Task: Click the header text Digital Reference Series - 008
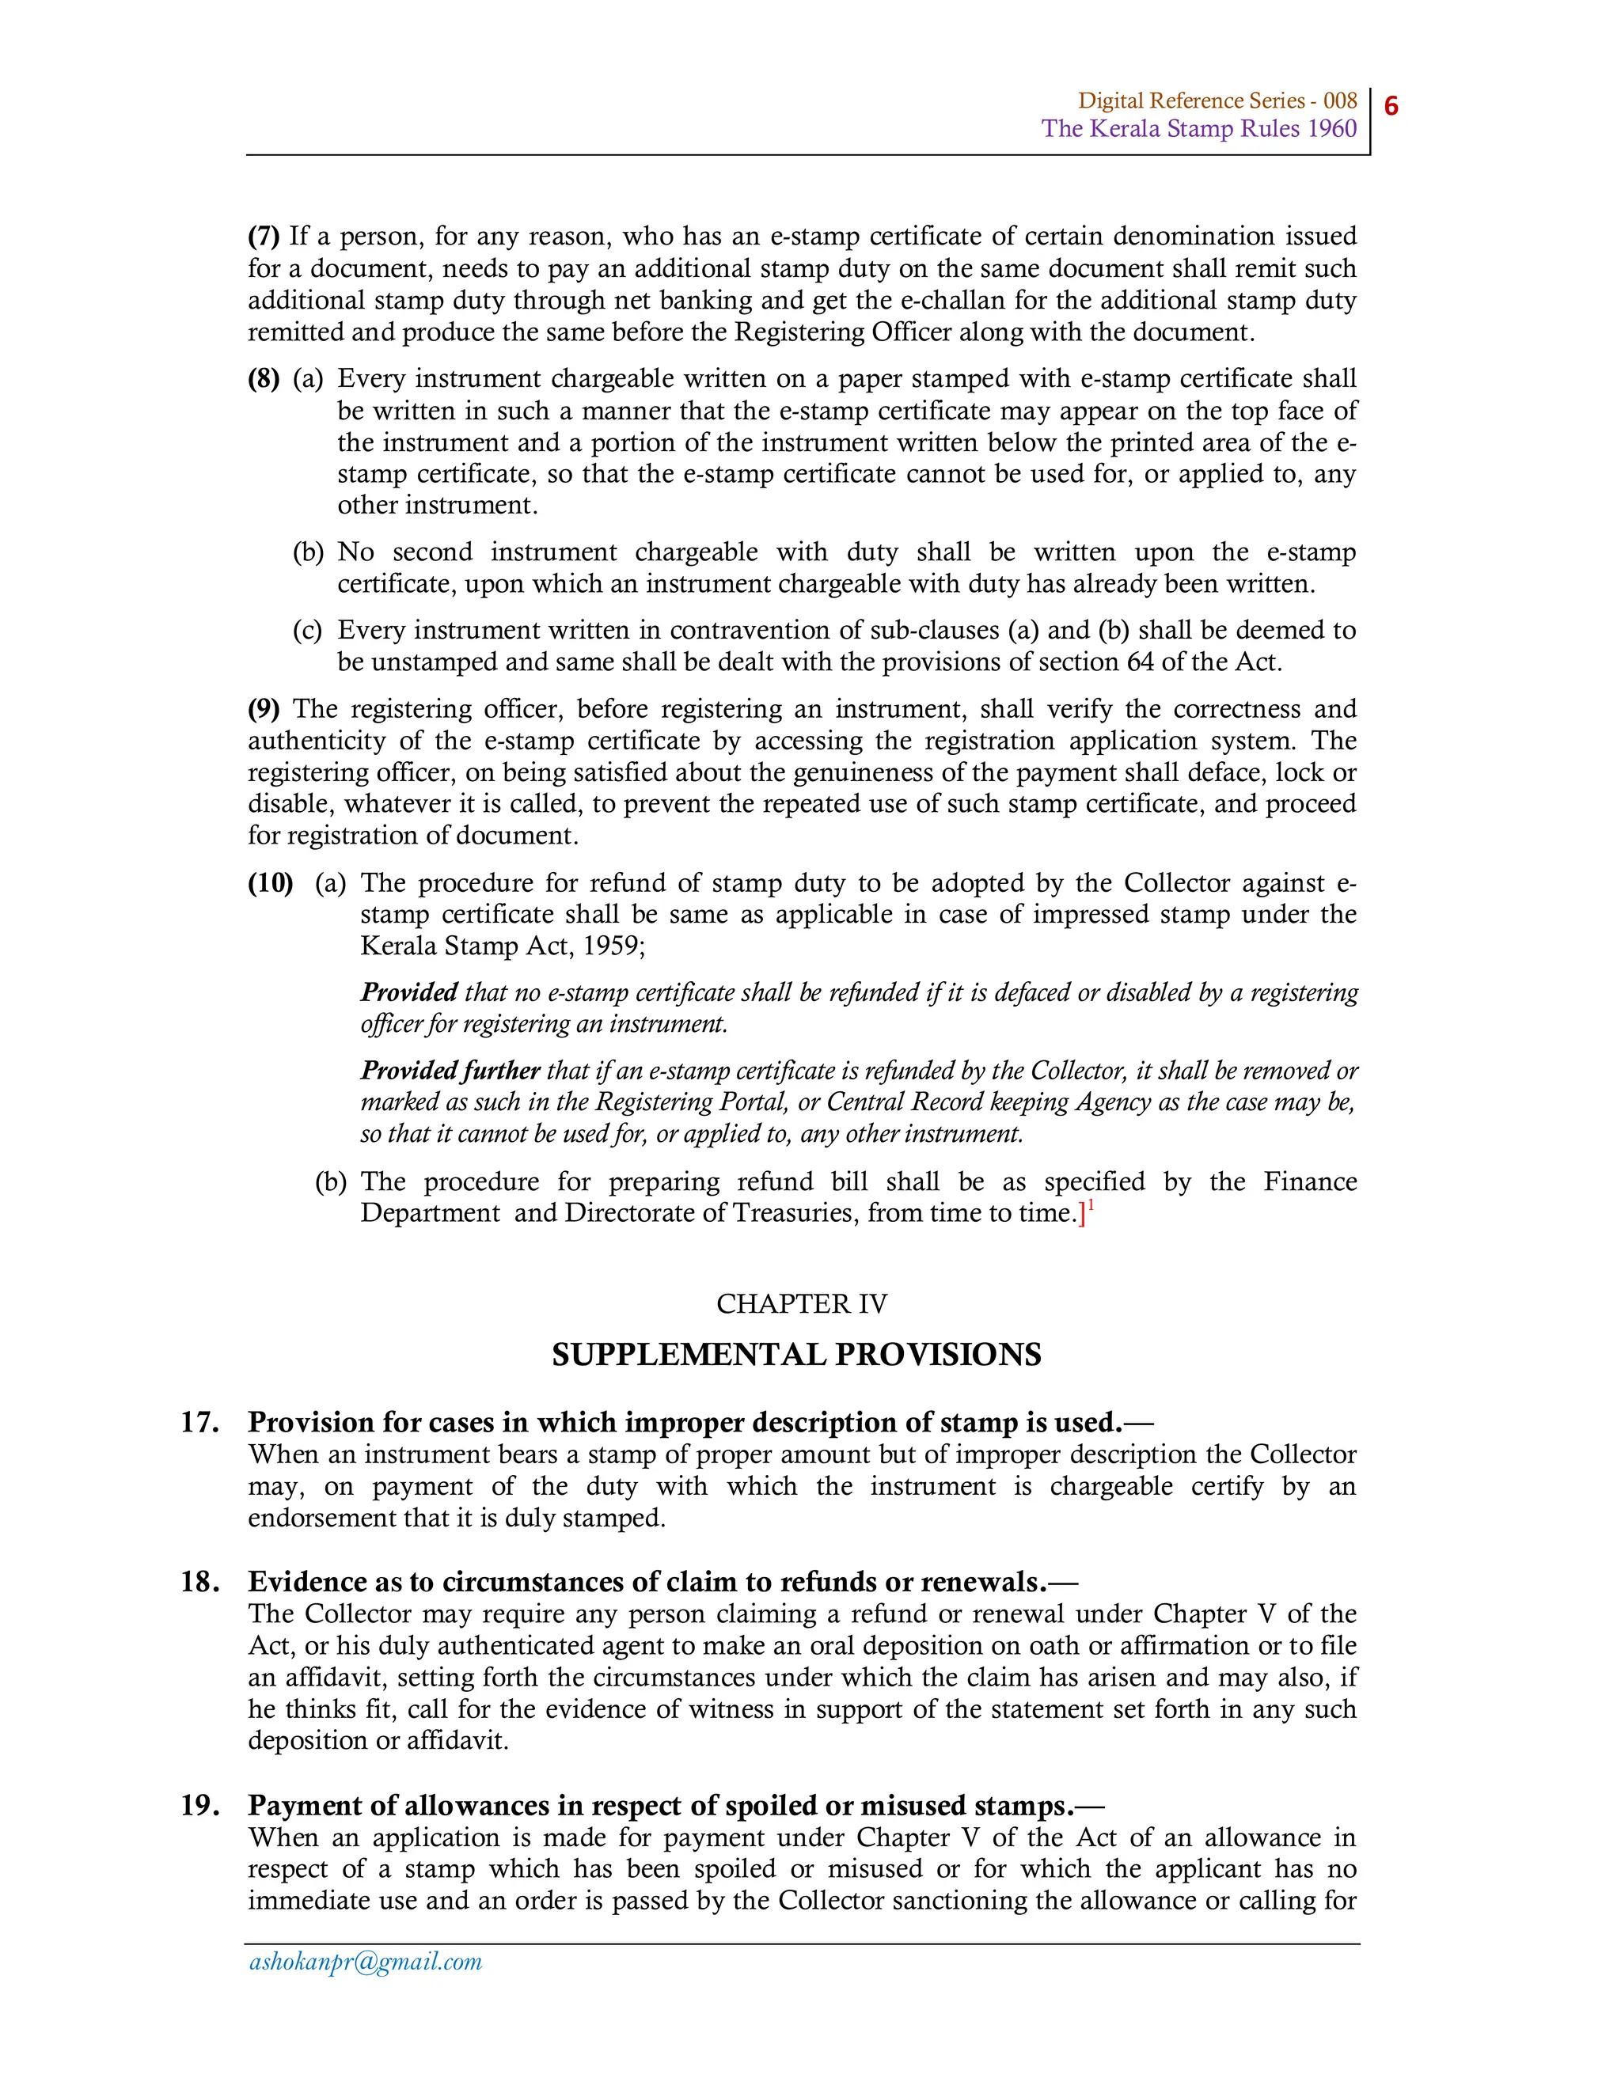[x=1217, y=100]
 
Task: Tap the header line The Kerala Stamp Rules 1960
[x=1198, y=129]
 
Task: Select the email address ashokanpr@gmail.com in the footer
[x=365, y=1962]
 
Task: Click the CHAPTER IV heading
[x=801, y=1304]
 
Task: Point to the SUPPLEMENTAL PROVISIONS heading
[x=796, y=1355]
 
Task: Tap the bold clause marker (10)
[x=270, y=883]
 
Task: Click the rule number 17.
[x=199, y=1422]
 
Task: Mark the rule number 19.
[x=199, y=1805]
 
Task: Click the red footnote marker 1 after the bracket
[x=1091, y=1207]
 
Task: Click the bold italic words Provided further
[x=450, y=1071]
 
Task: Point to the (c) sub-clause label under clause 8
[x=307, y=631]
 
